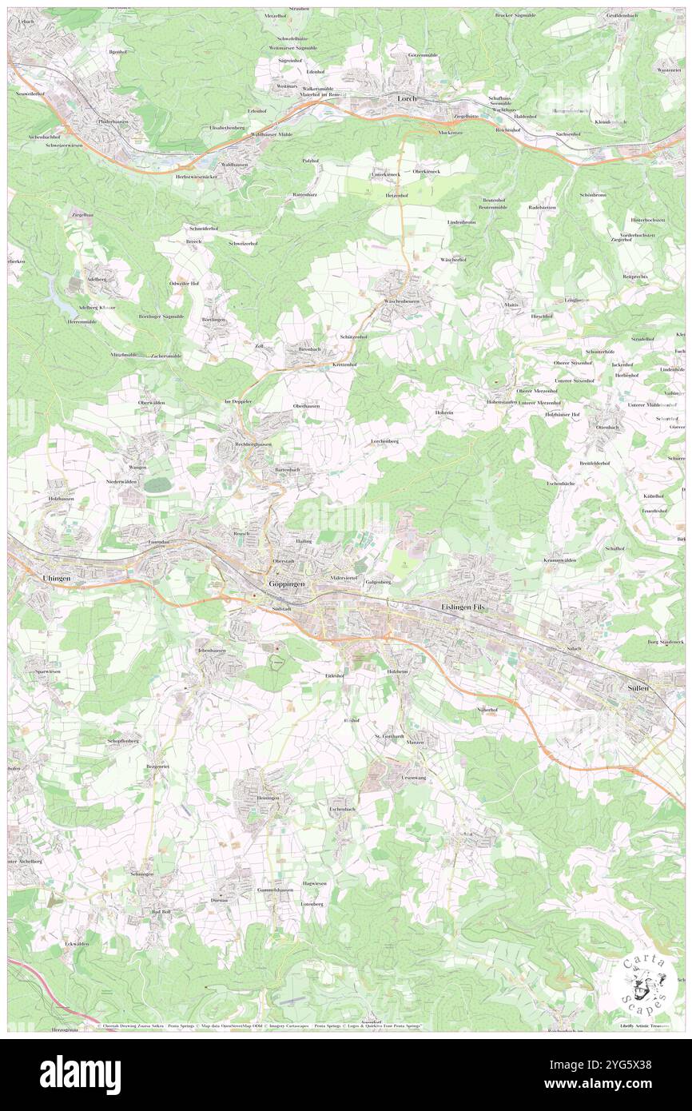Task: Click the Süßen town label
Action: (636, 687)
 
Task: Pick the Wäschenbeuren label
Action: (408, 301)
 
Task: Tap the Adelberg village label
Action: (102, 281)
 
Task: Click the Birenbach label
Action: (309, 349)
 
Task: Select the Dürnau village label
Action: (219, 900)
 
